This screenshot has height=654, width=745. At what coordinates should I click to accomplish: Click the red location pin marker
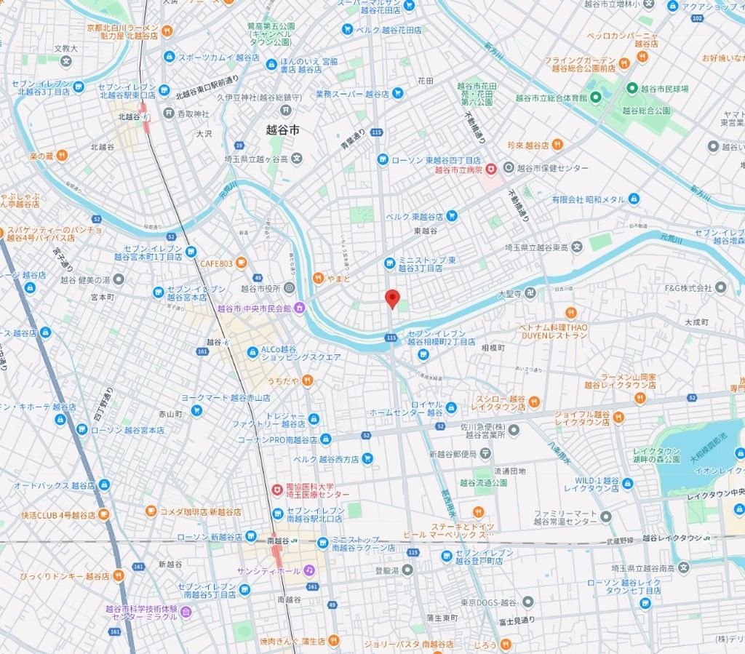[392, 298]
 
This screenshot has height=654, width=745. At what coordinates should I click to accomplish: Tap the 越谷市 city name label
[282, 129]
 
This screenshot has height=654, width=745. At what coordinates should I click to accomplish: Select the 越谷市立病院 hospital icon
[492, 169]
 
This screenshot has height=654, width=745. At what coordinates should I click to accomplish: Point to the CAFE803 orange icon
[242, 263]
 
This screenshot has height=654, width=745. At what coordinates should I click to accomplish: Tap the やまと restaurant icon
[318, 277]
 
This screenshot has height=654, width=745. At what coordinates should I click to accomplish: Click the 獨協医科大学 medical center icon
[276, 490]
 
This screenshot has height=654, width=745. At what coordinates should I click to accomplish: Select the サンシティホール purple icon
[308, 570]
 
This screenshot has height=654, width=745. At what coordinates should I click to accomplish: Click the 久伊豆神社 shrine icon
[286, 109]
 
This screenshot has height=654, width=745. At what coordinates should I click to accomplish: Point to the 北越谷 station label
[129, 116]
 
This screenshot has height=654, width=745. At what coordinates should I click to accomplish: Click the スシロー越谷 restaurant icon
[534, 401]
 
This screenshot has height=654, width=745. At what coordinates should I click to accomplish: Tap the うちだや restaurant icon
[308, 379]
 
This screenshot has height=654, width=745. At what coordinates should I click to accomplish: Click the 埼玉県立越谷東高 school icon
[576, 247]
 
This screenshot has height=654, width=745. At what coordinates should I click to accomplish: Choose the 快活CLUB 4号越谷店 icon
[104, 514]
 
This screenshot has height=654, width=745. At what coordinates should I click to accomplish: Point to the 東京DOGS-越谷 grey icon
[527, 602]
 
